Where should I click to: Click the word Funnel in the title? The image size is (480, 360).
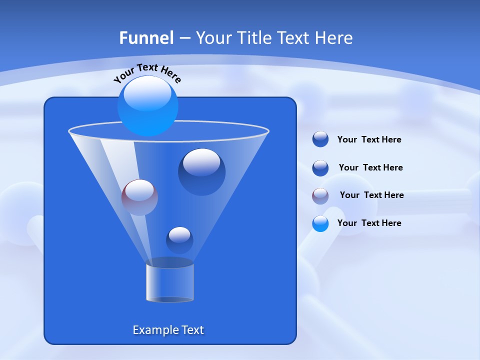pos(146,38)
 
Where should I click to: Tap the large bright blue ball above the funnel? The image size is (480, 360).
pos(148,107)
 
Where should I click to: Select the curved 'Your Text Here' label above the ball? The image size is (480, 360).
pos(147,72)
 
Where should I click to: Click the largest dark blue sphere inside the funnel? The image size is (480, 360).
pos(201,172)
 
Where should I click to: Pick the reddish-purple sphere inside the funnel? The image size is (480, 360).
pos(139,197)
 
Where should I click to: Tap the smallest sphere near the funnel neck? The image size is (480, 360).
pos(179,240)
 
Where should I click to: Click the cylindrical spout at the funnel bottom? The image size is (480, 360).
pos(170,282)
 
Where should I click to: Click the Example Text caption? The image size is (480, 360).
pos(168,330)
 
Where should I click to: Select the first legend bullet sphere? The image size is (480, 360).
pos(320,139)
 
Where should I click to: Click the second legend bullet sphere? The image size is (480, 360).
pos(320,168)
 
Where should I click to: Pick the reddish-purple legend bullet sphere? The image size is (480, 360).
pos(320,195)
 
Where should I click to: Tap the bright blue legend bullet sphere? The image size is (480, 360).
pos(320,223)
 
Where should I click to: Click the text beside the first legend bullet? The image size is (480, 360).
pos(369,140)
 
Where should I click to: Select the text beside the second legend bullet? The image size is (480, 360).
pos(370,167)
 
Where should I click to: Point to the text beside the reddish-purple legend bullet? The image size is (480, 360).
pos(371,195)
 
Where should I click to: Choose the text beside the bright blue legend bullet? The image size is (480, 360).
pos(369,223)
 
